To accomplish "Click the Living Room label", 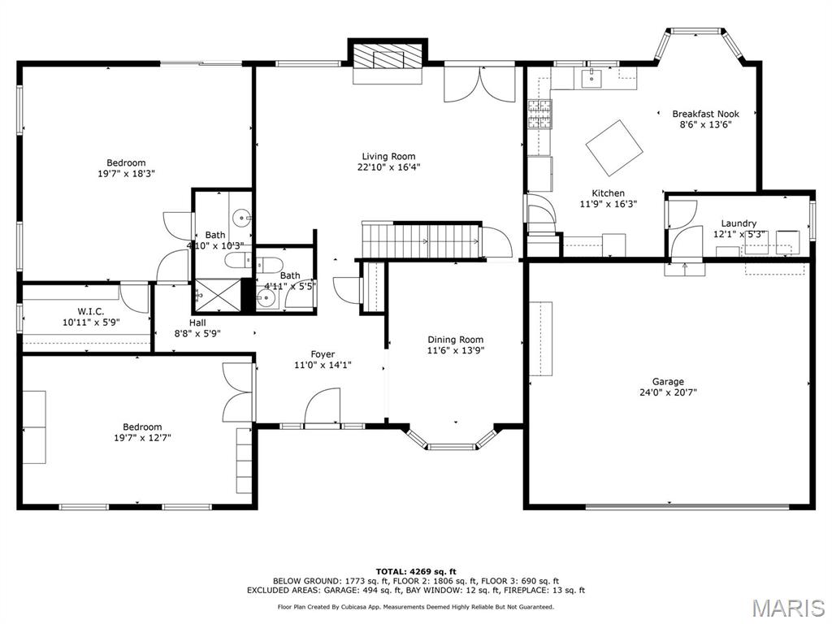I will coord(388,157).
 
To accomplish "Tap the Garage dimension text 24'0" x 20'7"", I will coord(668,392).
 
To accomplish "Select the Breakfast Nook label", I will coord(705,115).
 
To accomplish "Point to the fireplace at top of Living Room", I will coord(388,58).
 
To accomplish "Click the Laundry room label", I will coord(739,223).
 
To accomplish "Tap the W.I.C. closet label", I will coord(90,311).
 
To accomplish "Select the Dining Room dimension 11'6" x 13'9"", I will coord(455,350).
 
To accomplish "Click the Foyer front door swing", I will coord(323,406).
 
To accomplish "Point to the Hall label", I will coord(197,323).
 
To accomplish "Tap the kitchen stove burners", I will coord(539,115).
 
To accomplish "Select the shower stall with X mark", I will coord(218,297).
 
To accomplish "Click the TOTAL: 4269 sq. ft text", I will coord(415,571).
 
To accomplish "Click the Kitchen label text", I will coord(608,193).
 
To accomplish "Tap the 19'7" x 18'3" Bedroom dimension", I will coord(125,173).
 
